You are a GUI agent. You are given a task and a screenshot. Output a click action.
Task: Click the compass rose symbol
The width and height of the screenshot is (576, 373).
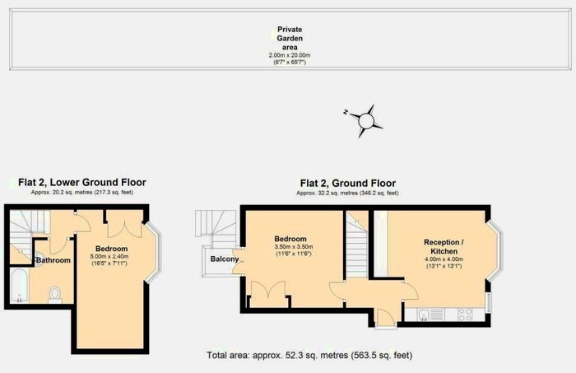coord(365,121)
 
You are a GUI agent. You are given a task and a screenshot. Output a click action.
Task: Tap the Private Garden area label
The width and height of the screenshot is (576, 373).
coord(290,38)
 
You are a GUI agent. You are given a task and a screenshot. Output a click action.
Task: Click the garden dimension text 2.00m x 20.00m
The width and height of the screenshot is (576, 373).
coord(290,55)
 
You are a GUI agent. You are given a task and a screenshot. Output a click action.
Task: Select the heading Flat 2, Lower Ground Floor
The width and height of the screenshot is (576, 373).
coord(82,182)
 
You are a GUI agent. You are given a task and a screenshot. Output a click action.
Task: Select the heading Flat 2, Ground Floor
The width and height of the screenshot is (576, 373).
coord(348,183)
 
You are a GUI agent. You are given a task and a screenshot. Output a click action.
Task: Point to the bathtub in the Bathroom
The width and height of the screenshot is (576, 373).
coord(19,286)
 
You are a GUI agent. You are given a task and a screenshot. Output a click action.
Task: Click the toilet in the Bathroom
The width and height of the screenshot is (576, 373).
coord(55,295)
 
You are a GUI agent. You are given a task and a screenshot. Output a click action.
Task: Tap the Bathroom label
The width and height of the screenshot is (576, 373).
coord(53,260)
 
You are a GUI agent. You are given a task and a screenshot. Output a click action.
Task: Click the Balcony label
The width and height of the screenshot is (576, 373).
coord(225,259)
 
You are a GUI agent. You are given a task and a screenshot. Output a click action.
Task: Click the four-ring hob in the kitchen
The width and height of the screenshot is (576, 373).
coord(465,315)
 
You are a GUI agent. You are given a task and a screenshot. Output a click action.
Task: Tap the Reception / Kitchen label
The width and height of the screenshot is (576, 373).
coord(444,246)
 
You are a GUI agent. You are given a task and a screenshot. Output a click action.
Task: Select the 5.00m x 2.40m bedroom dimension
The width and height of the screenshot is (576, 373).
coord(109,257)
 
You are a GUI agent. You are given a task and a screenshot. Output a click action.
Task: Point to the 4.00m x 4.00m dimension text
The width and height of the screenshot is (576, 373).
coord(444,259)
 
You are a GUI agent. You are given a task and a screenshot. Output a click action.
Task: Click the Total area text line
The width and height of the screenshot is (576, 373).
coord(309,356)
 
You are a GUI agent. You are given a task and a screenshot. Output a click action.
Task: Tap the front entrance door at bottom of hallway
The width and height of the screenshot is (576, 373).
coord(386,319)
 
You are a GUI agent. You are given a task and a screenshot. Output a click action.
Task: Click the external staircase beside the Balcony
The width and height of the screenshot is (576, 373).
coord(216,227)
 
